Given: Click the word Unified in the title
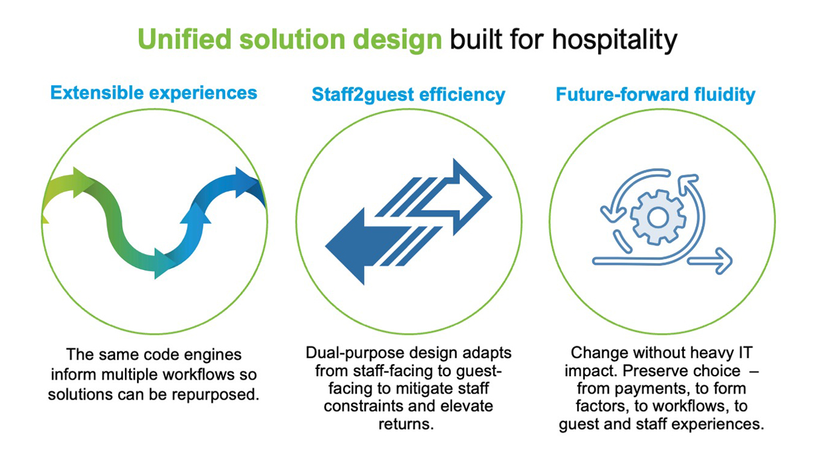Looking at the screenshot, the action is pyautogui.click(x=184, y=39).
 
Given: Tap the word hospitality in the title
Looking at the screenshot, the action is pyautogui.click(x=614, y=41).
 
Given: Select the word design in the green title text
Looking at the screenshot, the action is pyautogui.click(x=398, y=41).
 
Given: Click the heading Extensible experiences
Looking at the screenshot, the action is pyautogui.click(x=154, y=93).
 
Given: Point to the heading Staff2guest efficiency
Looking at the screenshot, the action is pyautogui.click(x=408, y=94).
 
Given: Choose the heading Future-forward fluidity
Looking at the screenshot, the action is pyautogui.click(x=655, y=94).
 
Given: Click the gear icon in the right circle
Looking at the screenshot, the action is pyautogui.click(x=658, y=217).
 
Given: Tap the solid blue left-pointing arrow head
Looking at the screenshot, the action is pyautogui.click(x=346, y=247).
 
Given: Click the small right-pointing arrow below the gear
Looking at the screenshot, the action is pyautogui.click(x=709, y=261).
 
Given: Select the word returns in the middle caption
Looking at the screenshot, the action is pyautogui.click(x=406, y=424).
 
